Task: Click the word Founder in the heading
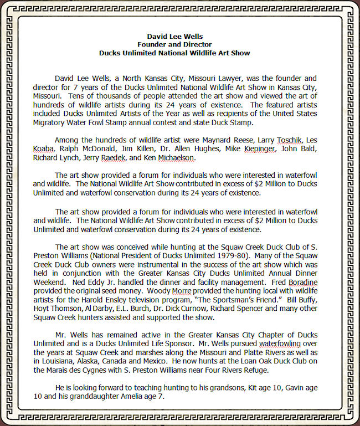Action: click(150, 44)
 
